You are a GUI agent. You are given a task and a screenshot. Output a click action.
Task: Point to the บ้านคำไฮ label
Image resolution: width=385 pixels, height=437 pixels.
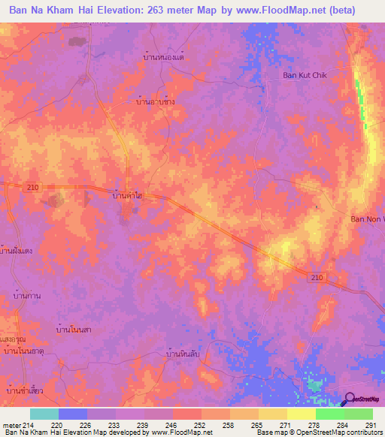(x=127, y=196)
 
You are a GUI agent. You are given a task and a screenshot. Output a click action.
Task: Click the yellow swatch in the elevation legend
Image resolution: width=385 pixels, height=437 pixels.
(x=301, y=414)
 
